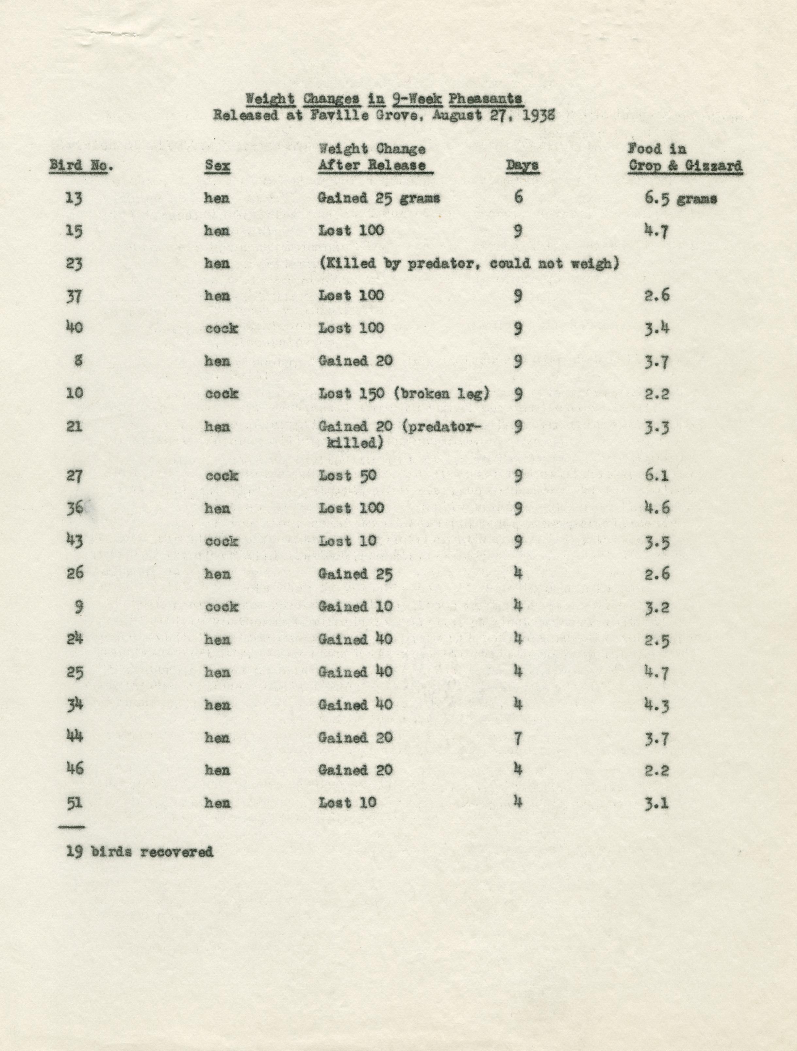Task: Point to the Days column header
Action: (522, 166)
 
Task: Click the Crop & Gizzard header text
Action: (685, 166)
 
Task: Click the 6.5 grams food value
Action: (680, 199)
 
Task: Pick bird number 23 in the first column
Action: (75, 264)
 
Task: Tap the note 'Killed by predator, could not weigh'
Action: (469, 264)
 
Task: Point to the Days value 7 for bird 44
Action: (519, 738)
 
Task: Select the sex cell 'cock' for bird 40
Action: (222, 329)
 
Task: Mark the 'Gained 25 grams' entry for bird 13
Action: (379, 199)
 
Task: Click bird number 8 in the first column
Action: (78, 361)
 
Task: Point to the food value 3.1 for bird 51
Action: (657, 803)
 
